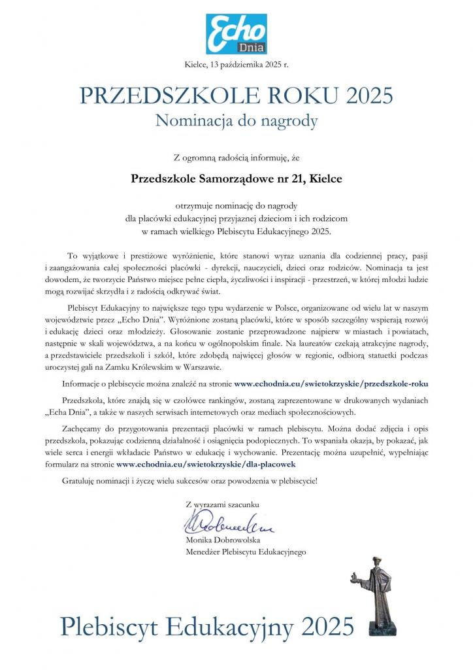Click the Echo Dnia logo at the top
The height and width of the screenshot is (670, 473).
pyautogui.click(x=236, y=33)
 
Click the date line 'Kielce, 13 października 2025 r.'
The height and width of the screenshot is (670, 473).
pyautogui.click(x=236, y=64)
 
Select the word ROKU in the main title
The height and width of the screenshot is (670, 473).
pyautogui.click(x=287, y=96)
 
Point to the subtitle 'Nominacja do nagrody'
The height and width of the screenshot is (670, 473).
pyautogui.click(x=236, y=120)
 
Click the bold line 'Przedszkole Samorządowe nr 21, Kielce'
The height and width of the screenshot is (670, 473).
pyautogui.click(x=236, y=177)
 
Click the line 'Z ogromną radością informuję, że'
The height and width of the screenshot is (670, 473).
pyautogui.click(x=236, y=157)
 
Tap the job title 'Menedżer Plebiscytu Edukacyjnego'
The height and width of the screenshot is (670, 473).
pyautogui.click(x=246, y=552)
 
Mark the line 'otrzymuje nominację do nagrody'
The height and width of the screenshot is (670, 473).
pyautogui.click(x=236, y=206)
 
